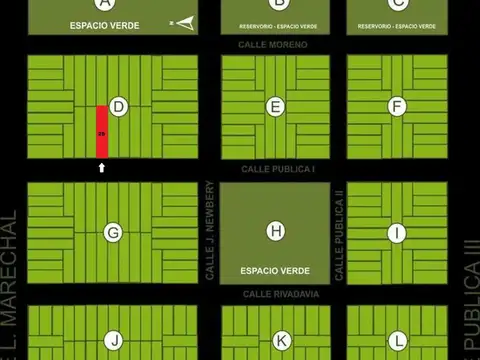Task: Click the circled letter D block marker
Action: click(x=119, y=106)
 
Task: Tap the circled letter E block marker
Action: click(x=277, y=106)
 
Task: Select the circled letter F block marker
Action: click(x=397, y=106)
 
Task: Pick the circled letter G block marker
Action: click(x=113, y=233)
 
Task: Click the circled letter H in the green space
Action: click(x=276, y=232)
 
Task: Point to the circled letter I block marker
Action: click(x=397, y=233)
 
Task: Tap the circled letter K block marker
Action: click(x=281, y=340)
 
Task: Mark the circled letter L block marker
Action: click(x=398, y=340)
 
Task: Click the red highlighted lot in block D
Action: click(x=101, y=132)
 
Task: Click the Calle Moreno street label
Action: click(x=274, y=45)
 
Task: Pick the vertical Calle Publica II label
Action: click(x=339, y=233)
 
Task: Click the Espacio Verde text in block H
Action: click(x=275, y=270)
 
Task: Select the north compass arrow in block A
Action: click(x=183, y=21)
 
